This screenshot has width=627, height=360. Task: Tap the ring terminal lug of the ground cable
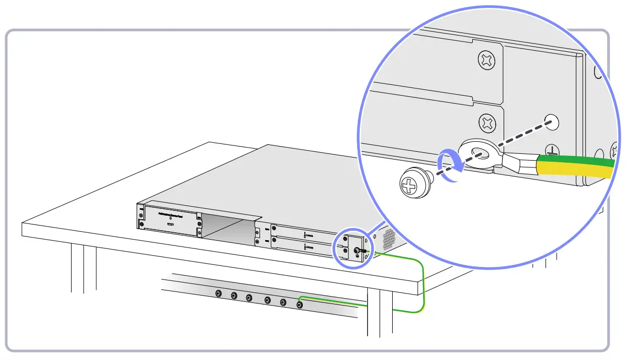click(477, 155)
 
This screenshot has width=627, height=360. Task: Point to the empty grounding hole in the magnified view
click(551, 122)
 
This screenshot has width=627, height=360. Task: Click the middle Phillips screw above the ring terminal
click(487, 124)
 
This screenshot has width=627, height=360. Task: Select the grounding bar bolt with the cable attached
click(300, 305)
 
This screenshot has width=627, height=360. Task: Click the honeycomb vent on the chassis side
click(389, 239)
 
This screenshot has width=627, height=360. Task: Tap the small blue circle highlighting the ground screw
click(351, 249)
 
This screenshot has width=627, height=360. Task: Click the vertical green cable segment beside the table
click(423, 288)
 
